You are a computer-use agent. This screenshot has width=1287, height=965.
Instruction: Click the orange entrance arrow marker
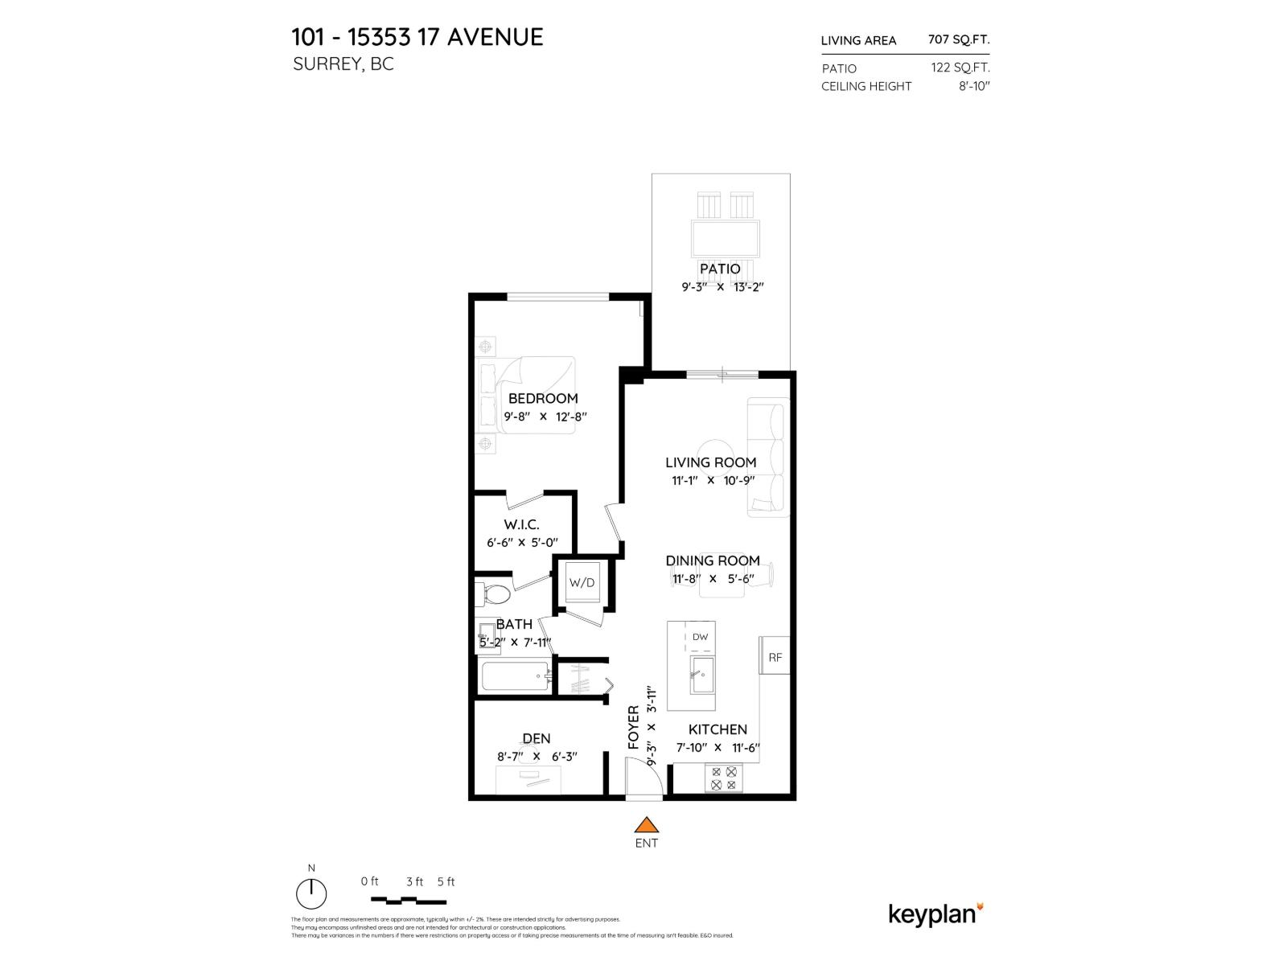tap(646, 826)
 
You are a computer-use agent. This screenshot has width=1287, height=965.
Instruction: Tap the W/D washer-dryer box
tap(582, 582)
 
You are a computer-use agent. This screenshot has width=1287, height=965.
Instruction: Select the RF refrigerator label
tap(775, 657)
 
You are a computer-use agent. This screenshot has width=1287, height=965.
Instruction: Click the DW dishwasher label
tap(700, 637)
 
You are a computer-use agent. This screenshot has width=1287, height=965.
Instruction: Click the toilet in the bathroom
tap(494, 595)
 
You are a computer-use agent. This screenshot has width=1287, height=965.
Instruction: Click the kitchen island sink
tap(701, 674)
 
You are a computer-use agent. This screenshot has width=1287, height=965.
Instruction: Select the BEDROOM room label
tap(543, 398)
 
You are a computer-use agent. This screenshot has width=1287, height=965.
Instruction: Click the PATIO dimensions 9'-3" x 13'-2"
tap(720, 286)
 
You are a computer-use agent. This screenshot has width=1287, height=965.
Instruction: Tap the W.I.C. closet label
tap(521, 524)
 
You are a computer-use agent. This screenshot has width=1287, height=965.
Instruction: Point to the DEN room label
tap(537, 738)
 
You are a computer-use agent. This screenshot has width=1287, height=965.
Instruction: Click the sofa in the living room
tap(767, 457)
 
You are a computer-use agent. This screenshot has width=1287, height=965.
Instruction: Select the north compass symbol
tap(311, 893)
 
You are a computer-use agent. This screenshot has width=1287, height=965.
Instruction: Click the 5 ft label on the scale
tap(446, 881)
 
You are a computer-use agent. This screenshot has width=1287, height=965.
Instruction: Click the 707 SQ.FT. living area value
tap(959, 39)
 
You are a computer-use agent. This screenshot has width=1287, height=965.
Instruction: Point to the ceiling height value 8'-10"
tap(973, 86)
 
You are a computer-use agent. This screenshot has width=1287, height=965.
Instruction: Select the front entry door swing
tap(647, 778)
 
